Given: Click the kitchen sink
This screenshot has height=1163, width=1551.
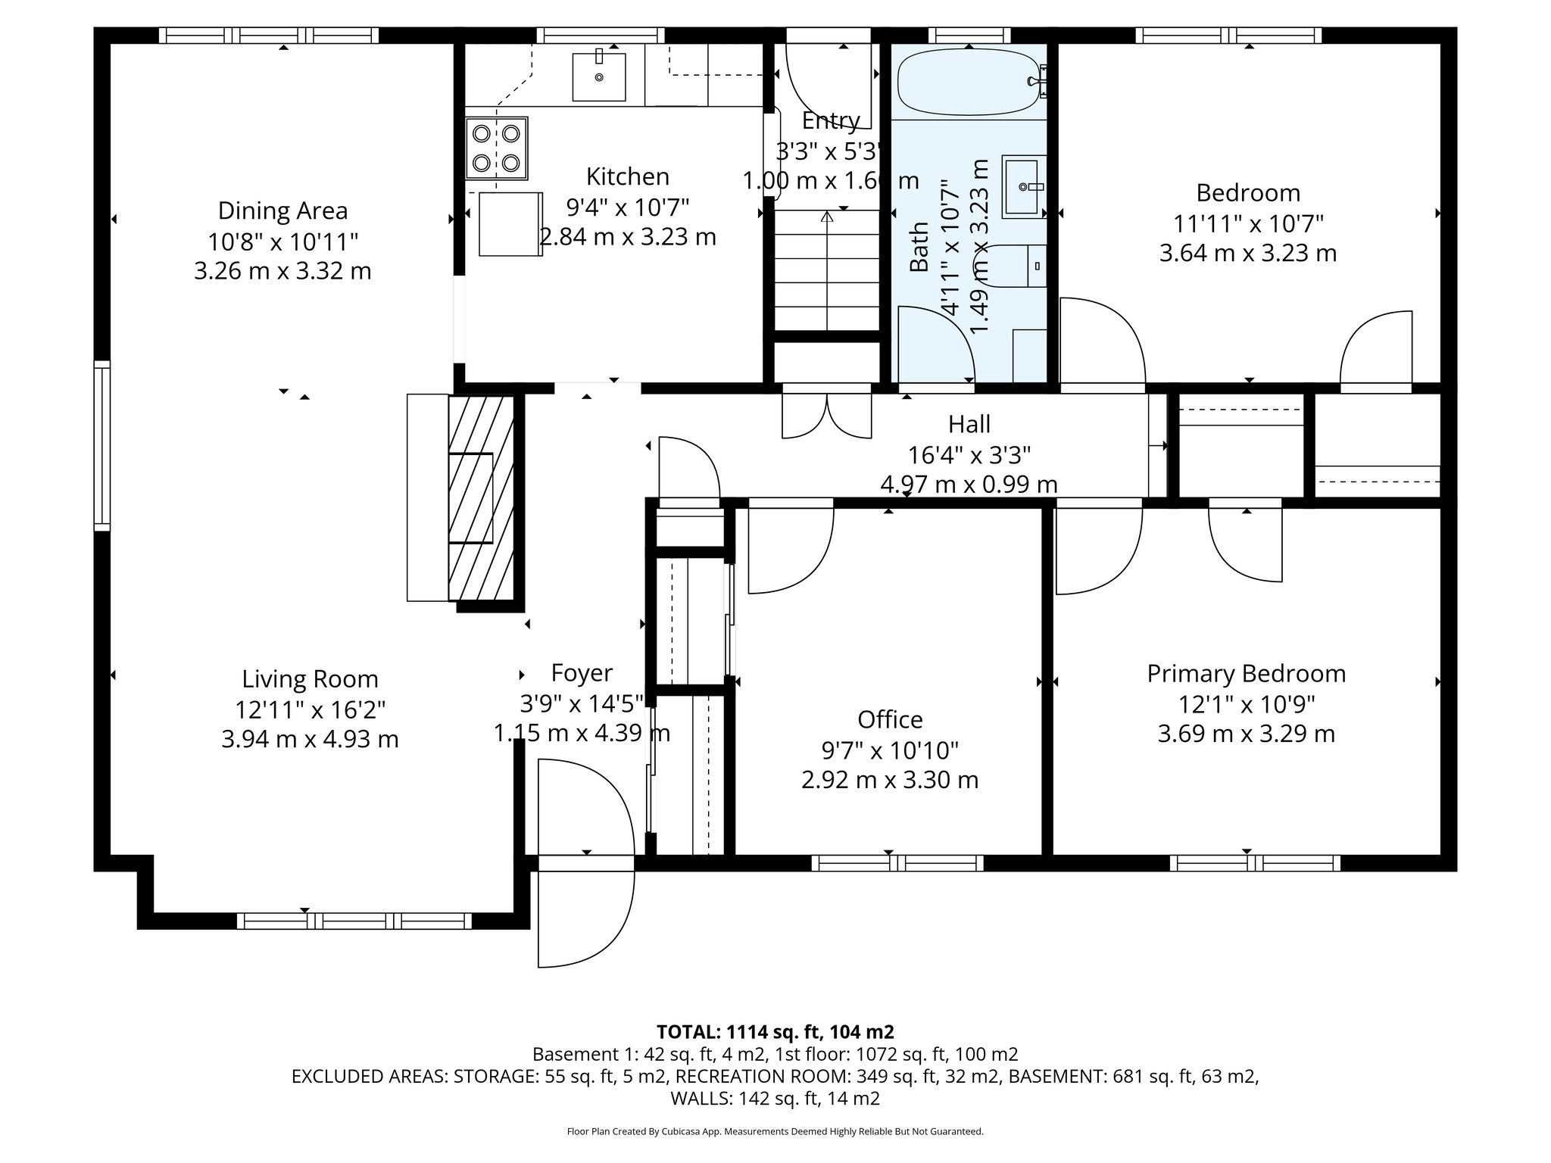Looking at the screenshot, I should (598, 76).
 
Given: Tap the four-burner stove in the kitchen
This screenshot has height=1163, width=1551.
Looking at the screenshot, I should (496, 148).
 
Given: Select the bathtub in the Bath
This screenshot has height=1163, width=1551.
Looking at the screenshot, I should (969, 82).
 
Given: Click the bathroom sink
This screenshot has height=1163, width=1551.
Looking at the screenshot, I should (1024, 186).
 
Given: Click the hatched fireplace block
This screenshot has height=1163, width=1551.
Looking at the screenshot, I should (482, 497).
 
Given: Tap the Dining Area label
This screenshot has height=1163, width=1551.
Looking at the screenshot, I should (282, 210).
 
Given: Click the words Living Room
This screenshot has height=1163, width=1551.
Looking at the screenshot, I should (310, 678).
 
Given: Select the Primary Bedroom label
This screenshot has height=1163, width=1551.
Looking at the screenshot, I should (1246, 673).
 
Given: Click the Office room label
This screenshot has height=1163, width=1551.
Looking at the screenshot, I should (890, 719).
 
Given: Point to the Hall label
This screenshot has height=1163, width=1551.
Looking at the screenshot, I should (969, 424).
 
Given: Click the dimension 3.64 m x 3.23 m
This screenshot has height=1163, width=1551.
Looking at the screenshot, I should (1247, 253).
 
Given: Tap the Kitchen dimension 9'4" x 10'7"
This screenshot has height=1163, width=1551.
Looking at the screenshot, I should (628, 207).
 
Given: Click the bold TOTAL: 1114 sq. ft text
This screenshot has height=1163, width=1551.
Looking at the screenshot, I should (775, 1031).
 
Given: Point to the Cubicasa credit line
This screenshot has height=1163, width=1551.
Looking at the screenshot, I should (775, 1131).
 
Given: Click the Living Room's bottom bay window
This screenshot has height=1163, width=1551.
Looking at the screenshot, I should (354, 921).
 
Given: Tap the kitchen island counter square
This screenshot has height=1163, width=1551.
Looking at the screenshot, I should (510, 224).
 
